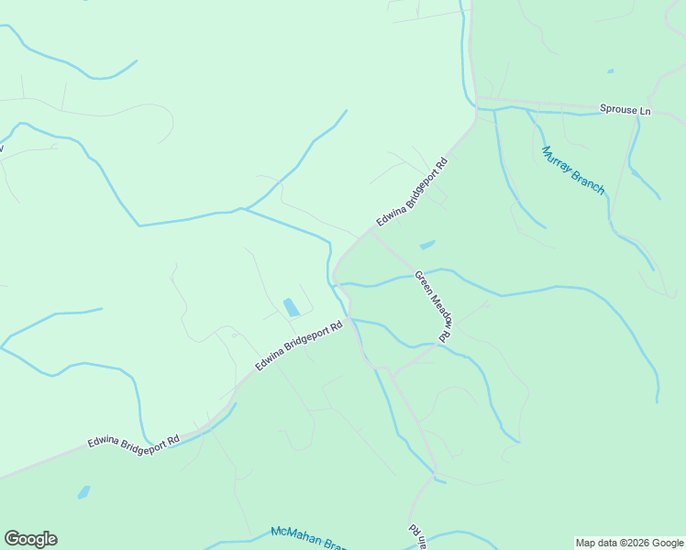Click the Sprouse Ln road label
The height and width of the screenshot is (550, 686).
click(x=625, y=110)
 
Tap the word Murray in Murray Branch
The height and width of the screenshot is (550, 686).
click(x=557, y=161)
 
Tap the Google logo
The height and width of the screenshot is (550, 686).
click(x=30, y=539)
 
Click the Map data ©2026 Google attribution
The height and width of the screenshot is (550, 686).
click(x=629, y=543)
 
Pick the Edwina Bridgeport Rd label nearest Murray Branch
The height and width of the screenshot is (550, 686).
click(x=412, y=194)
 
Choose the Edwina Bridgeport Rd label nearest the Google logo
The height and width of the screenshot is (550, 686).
click(x=133, y=441)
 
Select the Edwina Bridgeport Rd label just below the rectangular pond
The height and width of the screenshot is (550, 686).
click(x=299, y=345)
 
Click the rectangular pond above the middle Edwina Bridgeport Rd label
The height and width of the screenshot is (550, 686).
click(x=291, y=307)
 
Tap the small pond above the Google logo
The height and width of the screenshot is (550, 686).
click(x=84, y=492)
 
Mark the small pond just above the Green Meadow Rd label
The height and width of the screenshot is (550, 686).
click(x=426, y=245)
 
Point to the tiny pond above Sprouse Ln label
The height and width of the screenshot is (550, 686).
click(x=610, y=71)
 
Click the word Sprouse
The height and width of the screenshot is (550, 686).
click(x=617, y=110)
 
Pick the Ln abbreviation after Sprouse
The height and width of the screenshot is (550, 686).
click(x=645, y=111)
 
